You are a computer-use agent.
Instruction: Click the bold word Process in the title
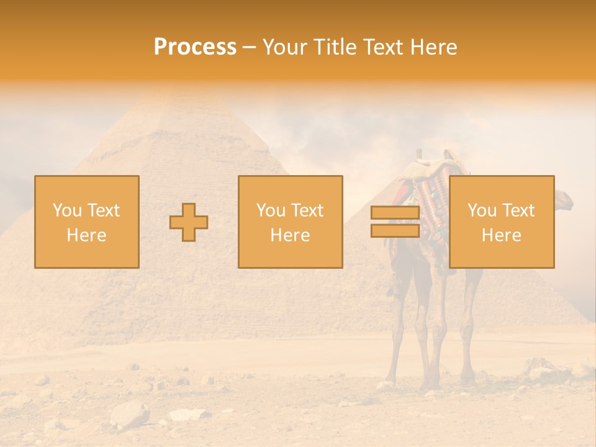pyautogui.click(x=195, y=47)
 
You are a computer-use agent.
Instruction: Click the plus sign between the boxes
pyautogui.click(x=189, y=222)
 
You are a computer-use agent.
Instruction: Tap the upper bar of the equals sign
pyautogui.click(x=395, y=213)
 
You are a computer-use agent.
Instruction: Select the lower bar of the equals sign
pyautogui.click(x=395, y=230)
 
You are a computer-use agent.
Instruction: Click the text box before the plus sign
pyautogui.click(x=87, y=222)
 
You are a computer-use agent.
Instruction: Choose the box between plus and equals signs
pyautogui.click(x=290, y=222)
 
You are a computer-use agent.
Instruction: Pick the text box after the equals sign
pyautogui.click(x=501, y=222)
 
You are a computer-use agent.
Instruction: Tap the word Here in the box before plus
pyautogui.click(x=86, y=235)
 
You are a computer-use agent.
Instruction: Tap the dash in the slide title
pyautogui.click(x=250, y=47)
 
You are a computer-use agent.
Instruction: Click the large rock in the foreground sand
pyautogui.click(x=130, y=413)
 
